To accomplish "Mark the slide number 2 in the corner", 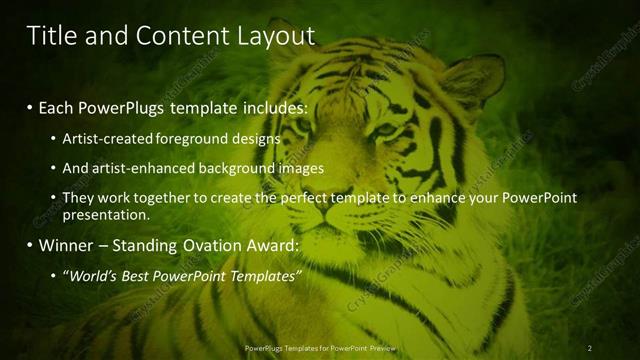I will [589, 347].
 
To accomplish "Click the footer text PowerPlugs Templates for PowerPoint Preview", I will [320, 347].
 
